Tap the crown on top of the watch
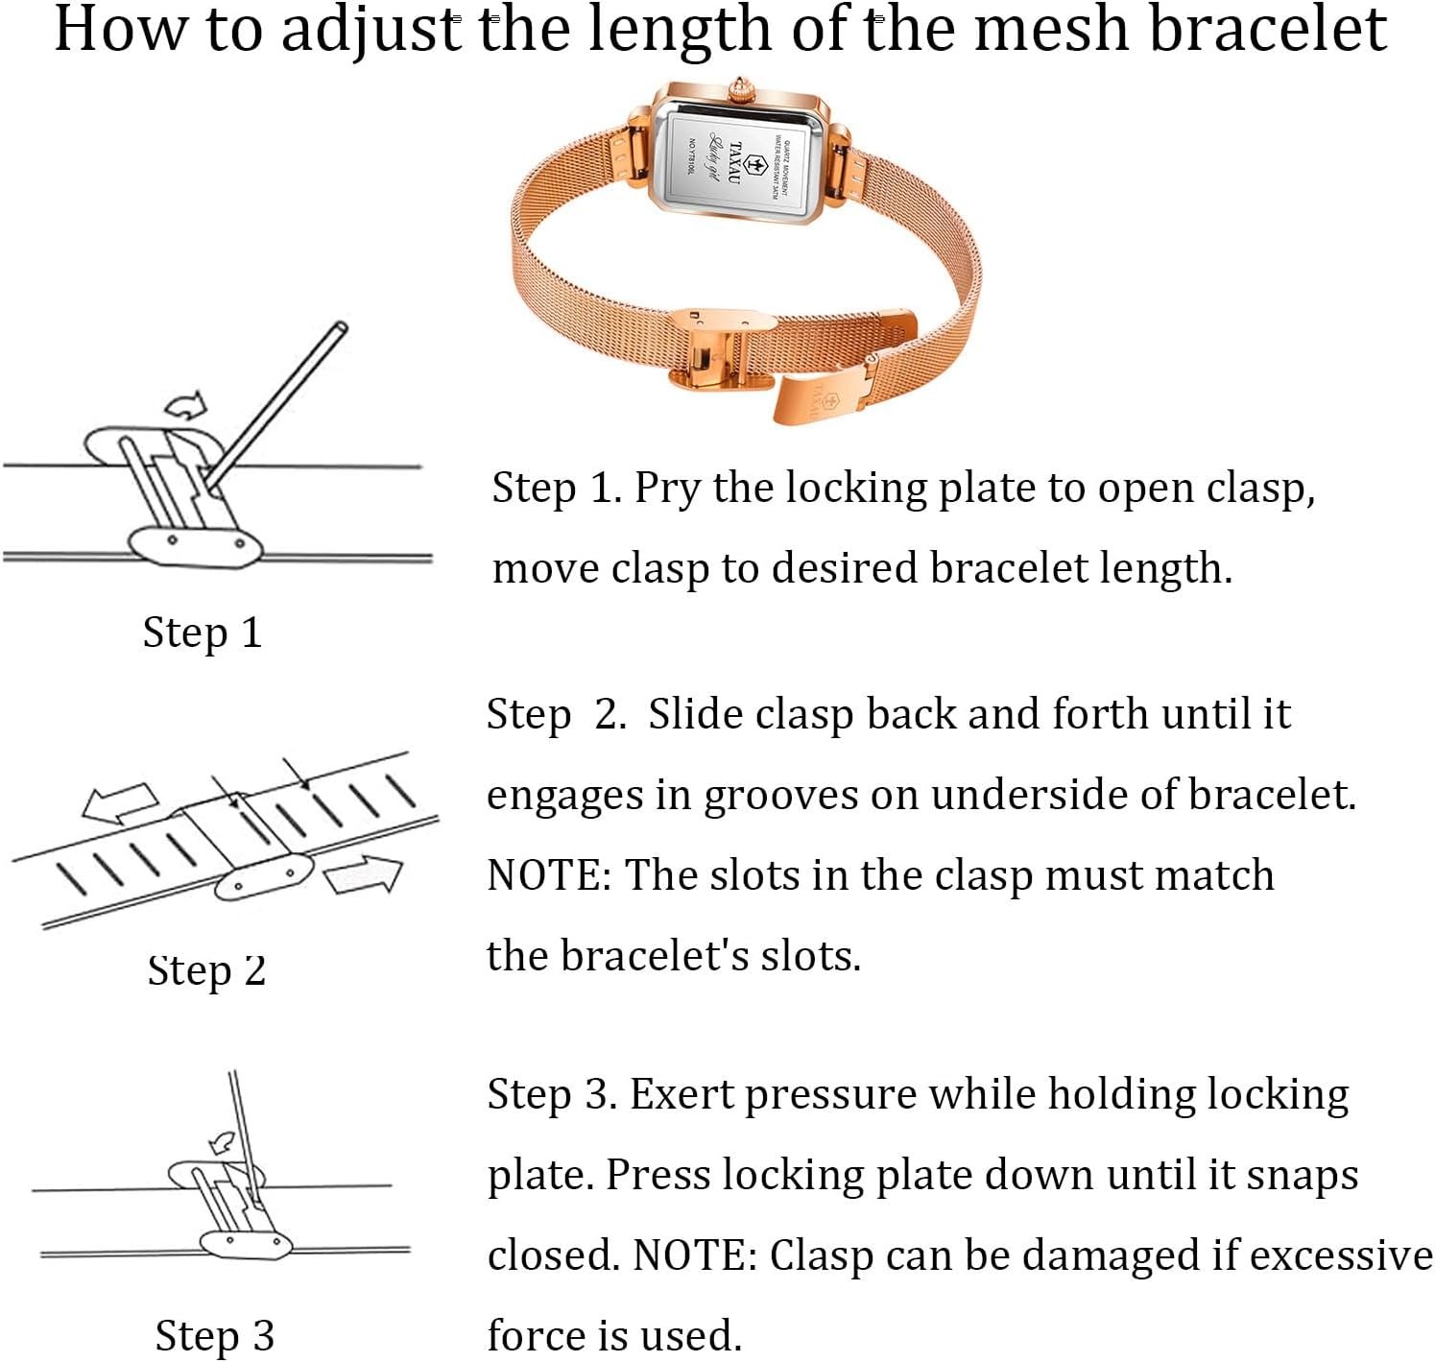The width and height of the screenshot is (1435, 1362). (x=741, y=91)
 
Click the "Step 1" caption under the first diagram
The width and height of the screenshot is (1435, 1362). (x=202, y=633)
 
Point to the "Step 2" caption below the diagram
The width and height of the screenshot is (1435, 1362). (x=206, y=970)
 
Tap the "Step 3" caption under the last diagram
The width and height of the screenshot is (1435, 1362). (x=215, y=1335)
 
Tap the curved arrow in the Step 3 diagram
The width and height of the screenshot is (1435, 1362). (x=223, y=1141)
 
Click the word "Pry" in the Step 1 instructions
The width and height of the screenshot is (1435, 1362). (x=667, y=490)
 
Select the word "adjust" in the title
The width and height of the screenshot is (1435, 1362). (x=371, y=29)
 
